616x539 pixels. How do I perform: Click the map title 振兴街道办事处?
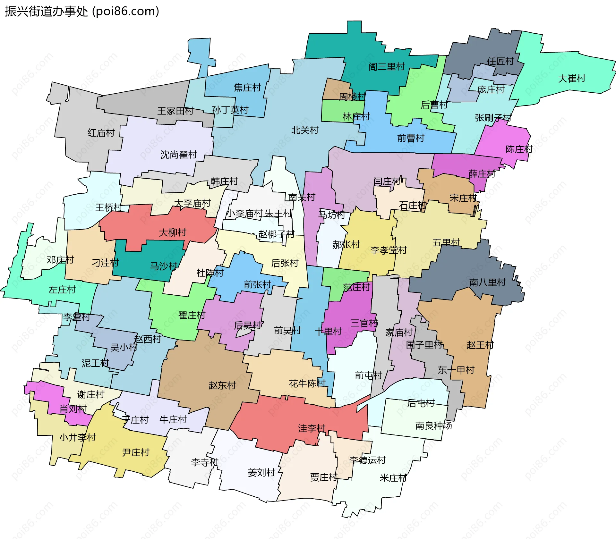click(x=47, y=12)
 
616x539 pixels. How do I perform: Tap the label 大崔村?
click(x=572, y=79)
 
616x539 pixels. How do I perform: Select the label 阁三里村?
click(x=386, y=67)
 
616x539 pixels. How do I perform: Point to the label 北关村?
click(x=305, y=130)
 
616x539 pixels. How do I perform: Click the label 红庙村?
click(x=101, y=133)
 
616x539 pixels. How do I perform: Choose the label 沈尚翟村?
click(x=179, y=155)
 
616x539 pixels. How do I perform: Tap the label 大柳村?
click(x=173, y=232)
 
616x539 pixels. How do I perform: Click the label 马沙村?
click(x=164, y=266)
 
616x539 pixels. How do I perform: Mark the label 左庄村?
click(x=62, y=290)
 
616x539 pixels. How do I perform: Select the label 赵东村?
click(x=222, y=385)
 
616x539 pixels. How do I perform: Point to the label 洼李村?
click(x=312, y=428)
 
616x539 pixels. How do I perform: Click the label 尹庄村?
click(x=136, y=452)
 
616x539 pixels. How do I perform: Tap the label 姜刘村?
click(x=261, y=473)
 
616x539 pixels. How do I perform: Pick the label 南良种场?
click(x=433, y=426)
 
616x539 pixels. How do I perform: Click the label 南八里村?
click(x=487, y=282)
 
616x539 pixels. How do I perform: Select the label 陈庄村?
click(x=519, y=149)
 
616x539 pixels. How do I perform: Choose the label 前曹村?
click(x=411, y=138)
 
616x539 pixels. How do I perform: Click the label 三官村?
click(x=364, y=323)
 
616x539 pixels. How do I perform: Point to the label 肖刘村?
click(x=73, y=409)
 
